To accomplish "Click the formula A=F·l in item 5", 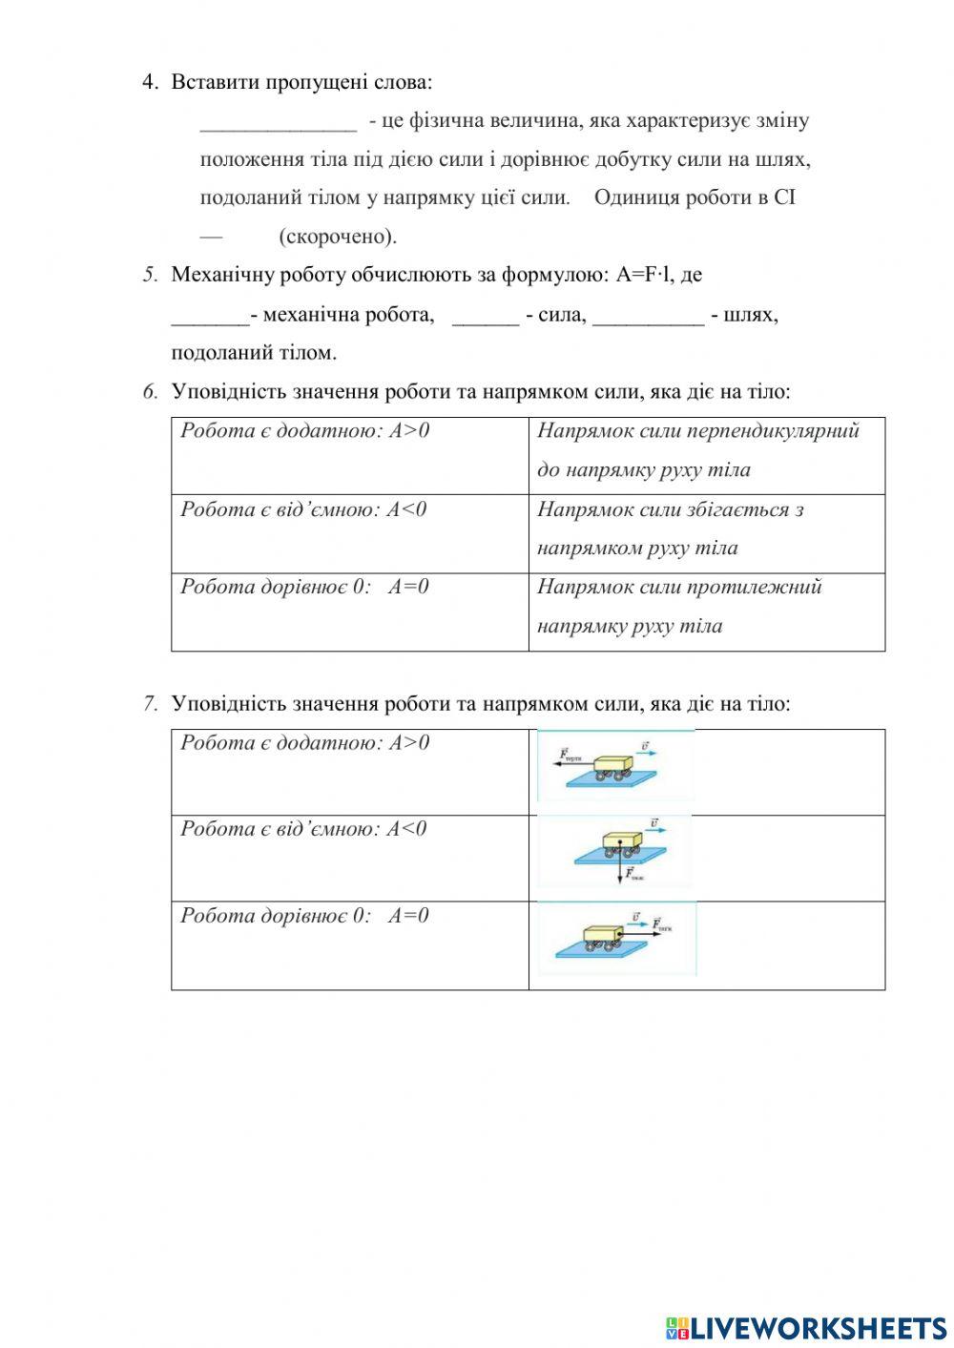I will point(644,276).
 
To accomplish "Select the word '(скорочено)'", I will point(337,237).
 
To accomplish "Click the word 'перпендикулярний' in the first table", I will point(773,431).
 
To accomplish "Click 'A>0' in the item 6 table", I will point(409,431).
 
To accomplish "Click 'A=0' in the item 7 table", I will point(408,916).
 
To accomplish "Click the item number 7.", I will point(151,704).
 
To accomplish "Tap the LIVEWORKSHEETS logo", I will point(806,1327).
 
